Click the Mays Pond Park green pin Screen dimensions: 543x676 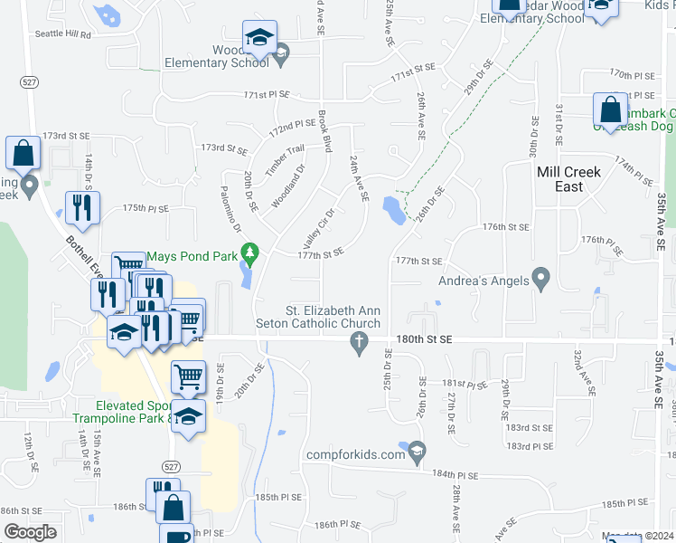coord(254,252)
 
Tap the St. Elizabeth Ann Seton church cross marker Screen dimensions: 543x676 coord(359,341)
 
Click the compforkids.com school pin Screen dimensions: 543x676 coord(417,449)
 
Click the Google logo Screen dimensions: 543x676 coord(30,532)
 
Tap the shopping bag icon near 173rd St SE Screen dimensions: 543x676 coord(23,153)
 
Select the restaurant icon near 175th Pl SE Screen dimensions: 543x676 coord(82,208)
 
